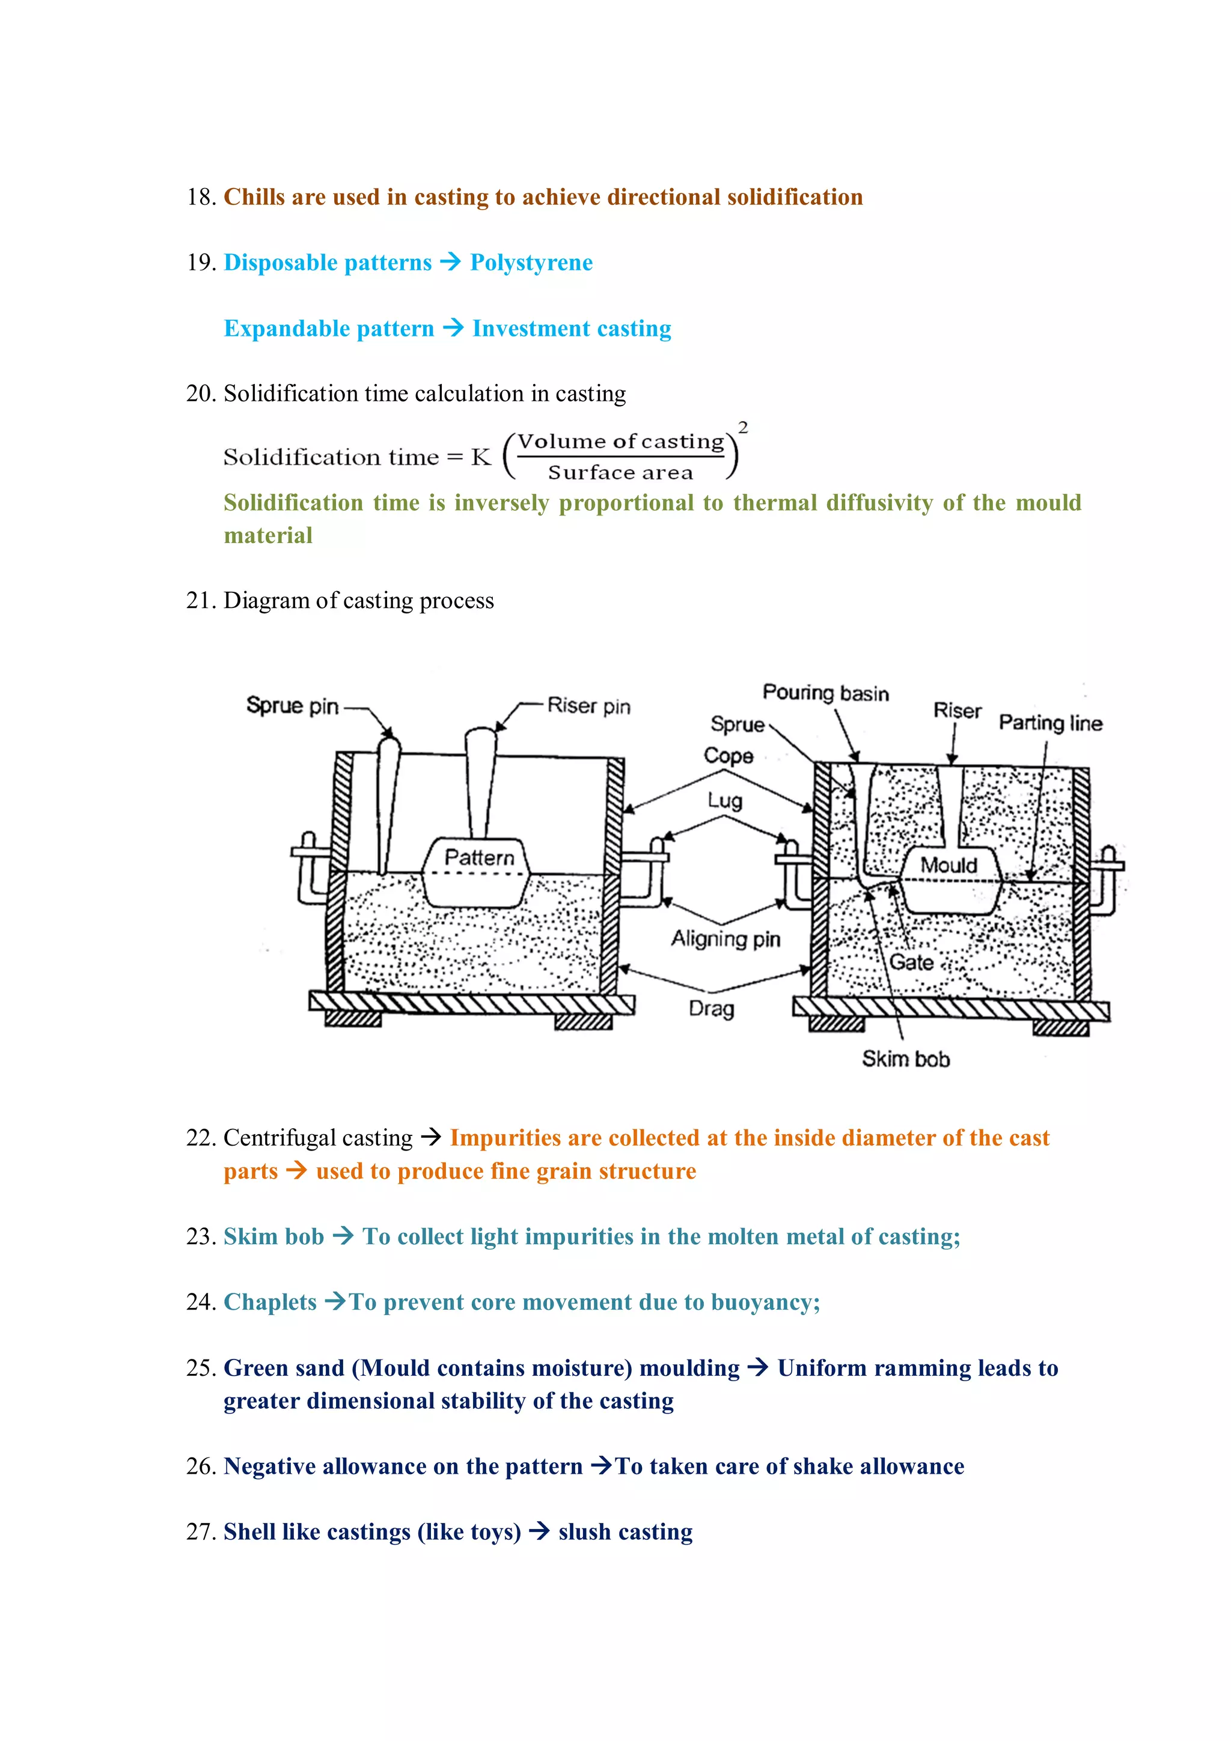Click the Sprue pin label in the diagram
coord(292,705)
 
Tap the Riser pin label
coord(588,706)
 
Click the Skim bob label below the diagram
coord(906,1059)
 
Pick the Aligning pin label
coord(725,939)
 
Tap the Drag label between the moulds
coord(712,1009)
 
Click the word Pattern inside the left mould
coord(478,858)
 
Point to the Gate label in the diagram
coord(911,962)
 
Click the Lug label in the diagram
coord(724,801)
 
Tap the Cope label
coord(728,755)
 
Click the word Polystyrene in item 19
coord(531,263)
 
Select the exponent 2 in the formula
coord(744,428)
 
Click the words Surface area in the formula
coord(620,472)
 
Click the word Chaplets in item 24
coord(270,1302)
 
